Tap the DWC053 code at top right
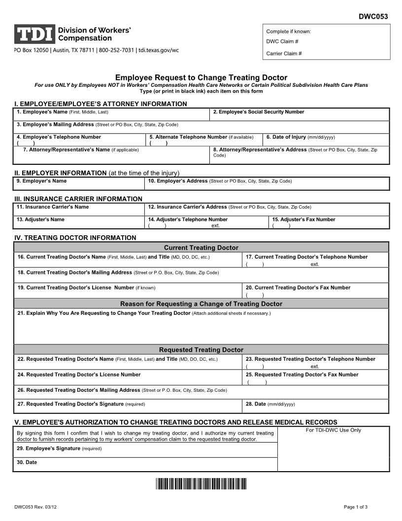373,16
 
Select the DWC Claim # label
282,42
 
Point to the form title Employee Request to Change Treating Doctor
201,77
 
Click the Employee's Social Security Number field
299,114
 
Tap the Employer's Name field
78,184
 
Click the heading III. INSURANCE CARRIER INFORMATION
78,198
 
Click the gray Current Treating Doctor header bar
201,247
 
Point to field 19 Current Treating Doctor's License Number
128,290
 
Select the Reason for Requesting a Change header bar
201,303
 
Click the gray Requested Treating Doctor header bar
201,349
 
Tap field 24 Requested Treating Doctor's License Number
128,377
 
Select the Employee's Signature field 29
145,451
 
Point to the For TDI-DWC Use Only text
333,430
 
